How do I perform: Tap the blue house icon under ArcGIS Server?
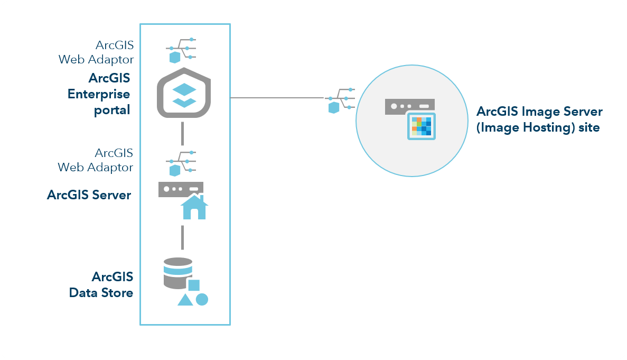[x=194, y=207]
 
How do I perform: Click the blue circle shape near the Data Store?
[x=202, y=299]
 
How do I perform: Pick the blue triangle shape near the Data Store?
[x=185, y=300]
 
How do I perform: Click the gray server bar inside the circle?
[x=409, y=106]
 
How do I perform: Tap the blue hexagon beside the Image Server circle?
[x=334, y=108]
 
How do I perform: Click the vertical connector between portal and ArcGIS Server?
[x=182, y=133]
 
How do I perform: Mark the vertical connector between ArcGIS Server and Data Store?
[x=182, y=237]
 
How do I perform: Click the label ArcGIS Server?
[x=89, y=195]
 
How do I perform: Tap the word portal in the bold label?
[x=112, y=110]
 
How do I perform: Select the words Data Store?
[x=101, y=292]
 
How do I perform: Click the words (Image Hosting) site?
[x=538, y=127]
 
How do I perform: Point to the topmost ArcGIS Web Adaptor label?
[x=96, y=52]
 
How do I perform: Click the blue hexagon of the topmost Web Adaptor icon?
[x=174, y=57]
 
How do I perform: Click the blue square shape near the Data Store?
[x=194, y=285]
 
